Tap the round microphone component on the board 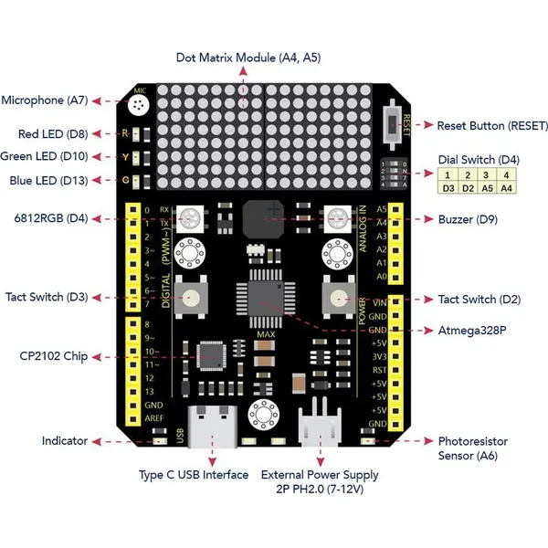click(139, 108)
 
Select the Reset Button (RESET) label click(492, 125)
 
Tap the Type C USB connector click(213, 425)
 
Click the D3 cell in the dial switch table click(448, 188)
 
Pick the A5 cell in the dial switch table click(487, 188)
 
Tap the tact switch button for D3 click(192, 296)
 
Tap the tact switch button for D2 click(337, 296)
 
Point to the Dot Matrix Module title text click(248, 58)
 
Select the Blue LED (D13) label click(48, 180)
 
